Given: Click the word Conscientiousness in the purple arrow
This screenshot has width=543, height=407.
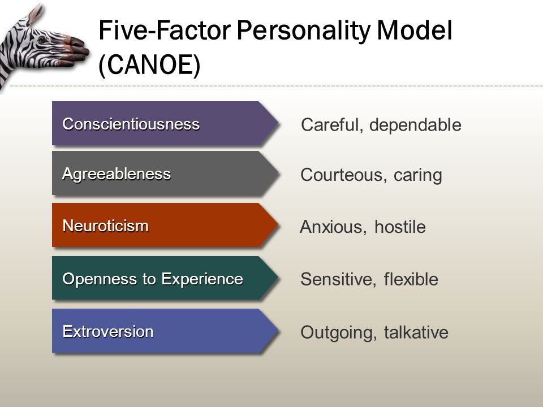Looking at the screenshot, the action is click(131, 124).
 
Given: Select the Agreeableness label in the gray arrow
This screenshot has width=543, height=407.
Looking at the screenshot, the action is click(117, 174).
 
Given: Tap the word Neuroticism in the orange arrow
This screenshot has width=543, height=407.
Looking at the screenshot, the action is click(106, 226).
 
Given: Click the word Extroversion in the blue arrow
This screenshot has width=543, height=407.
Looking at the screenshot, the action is click(108, 332).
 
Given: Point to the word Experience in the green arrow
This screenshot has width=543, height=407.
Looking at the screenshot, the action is click(202, 279).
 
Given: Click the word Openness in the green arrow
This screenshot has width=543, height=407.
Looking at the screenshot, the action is click(100, 279).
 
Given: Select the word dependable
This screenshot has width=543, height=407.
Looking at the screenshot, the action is click(415, 125).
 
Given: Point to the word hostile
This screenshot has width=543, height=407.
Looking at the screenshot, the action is click(400, 227).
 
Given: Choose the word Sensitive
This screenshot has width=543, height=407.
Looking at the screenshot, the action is click(338, 280).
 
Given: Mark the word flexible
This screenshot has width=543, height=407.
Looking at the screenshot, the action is click(411, 279).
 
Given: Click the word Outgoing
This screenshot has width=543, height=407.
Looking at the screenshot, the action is click(338, 333).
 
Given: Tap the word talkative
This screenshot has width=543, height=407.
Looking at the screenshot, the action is click(416, 332).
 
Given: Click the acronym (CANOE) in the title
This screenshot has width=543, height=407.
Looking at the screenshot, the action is click(149, 66).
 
